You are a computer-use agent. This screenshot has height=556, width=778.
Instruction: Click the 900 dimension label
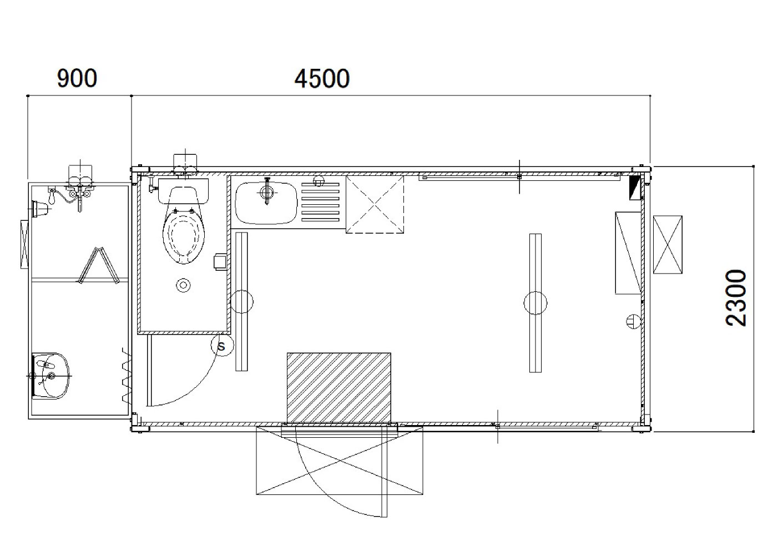(77, 78)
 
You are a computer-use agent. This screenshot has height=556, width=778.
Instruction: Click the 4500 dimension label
(322, 79)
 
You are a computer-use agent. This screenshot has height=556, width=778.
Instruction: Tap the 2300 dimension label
(736, 297)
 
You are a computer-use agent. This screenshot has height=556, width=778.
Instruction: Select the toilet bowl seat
(184, 234)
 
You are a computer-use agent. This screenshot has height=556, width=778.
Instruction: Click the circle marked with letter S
(223, 345)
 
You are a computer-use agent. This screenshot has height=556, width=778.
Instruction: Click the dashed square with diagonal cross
(375, 204)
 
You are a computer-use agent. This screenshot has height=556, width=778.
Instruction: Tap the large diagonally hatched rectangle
(339, 388)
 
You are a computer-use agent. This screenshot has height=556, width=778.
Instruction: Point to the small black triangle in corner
(635, 188)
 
